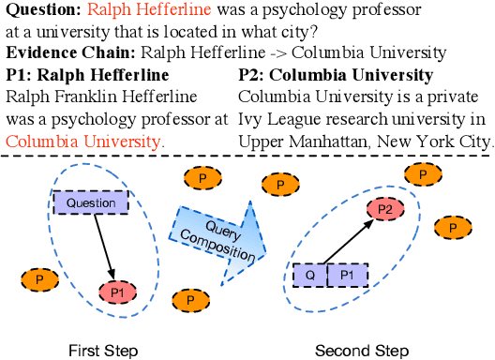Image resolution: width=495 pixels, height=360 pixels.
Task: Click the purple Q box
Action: tap(309, 276)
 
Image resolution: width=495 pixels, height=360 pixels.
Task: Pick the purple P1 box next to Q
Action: tap(346, 276)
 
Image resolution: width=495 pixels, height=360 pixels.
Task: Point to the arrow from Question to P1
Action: tap(101, 247)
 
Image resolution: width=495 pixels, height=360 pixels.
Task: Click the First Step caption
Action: tap(103, 351)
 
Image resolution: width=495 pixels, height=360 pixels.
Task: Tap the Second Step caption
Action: tap(362, 351)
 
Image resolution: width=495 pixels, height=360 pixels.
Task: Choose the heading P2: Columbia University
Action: tap(336, 75)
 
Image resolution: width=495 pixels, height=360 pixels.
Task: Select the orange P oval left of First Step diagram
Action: tap(38, 279)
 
